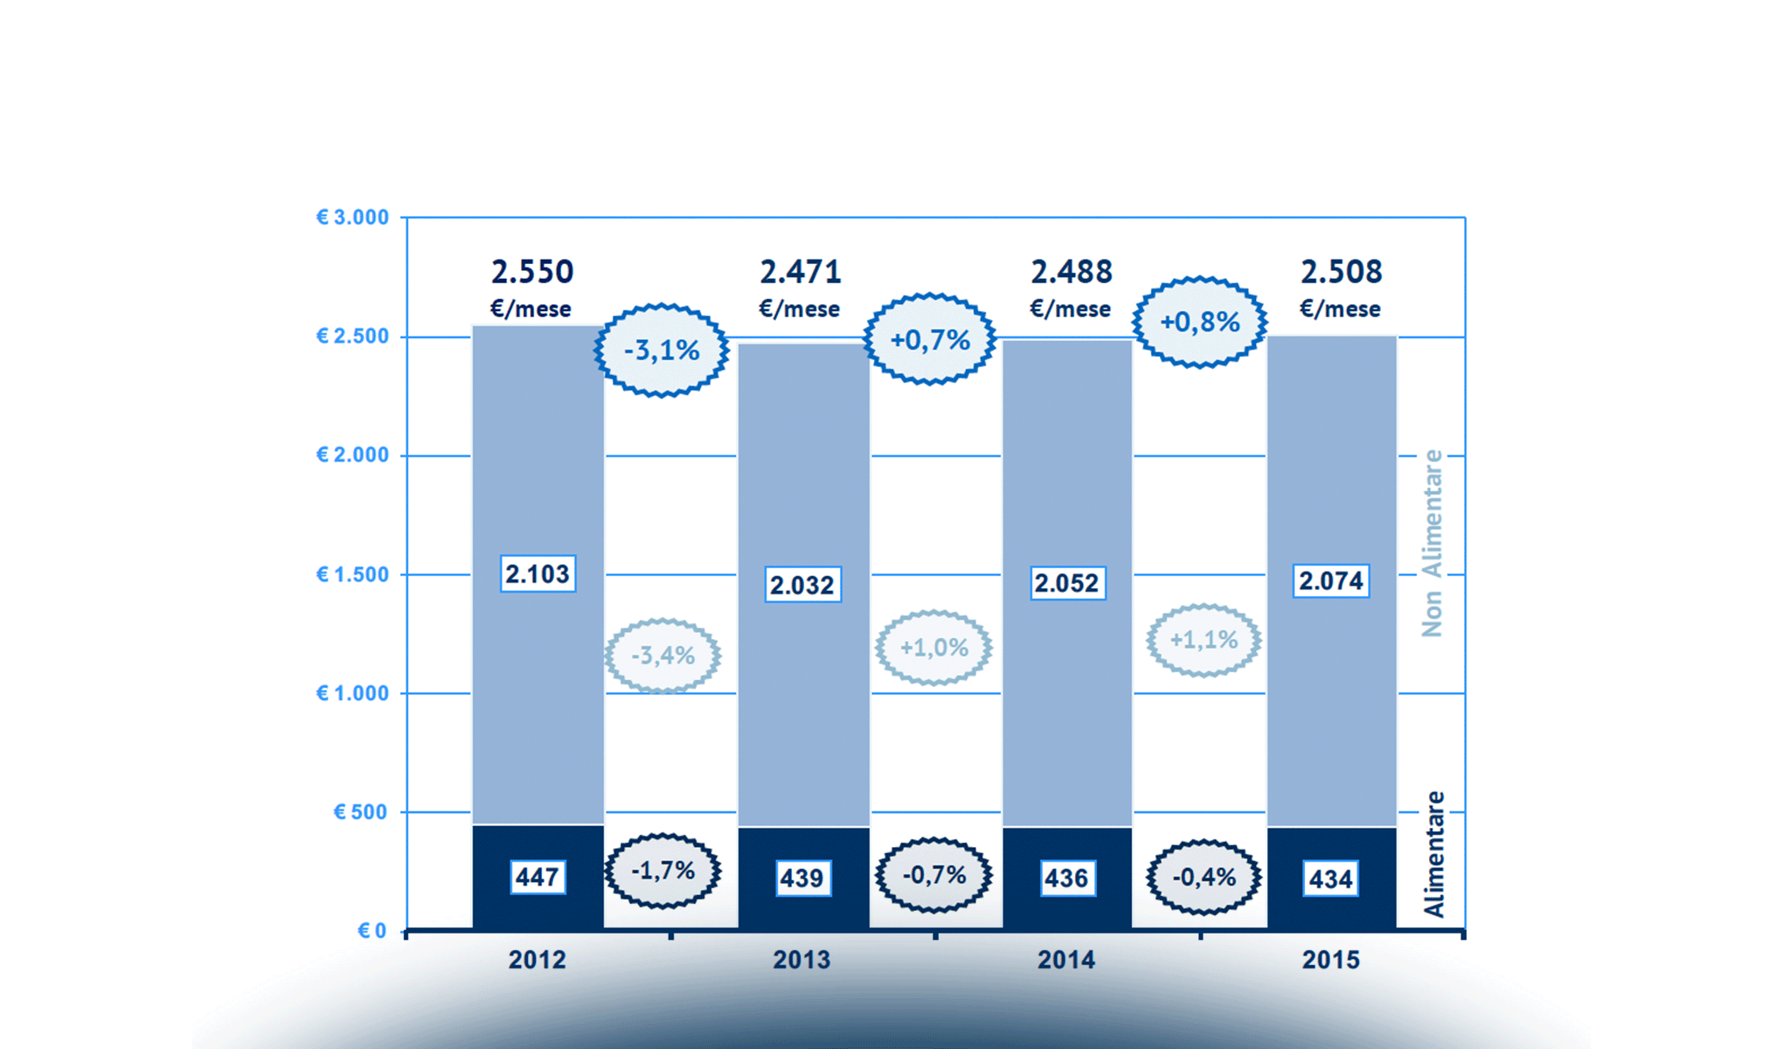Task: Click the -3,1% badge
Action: [662, 351]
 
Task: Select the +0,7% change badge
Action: [930, 339]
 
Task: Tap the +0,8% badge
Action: [1199, 322]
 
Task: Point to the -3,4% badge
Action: [663, 656]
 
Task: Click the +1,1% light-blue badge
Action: [1204, 640]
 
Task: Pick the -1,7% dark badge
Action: [663, 871]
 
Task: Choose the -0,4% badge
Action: [1204, 877]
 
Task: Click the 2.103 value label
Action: [538, 574]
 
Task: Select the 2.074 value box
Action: [1330, 581]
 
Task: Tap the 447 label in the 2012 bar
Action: [537, 877]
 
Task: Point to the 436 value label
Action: [1065, 878]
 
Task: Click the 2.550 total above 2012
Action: [531, 272]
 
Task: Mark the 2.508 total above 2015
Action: [1341, 272]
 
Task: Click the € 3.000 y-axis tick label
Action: [352, 218]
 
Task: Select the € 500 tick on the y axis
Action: [360, 812]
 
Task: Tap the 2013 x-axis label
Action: [801, 960]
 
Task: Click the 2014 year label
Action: [1065, 960]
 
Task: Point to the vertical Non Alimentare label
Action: [1432, 543]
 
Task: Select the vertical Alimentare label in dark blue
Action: [1433, 854]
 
